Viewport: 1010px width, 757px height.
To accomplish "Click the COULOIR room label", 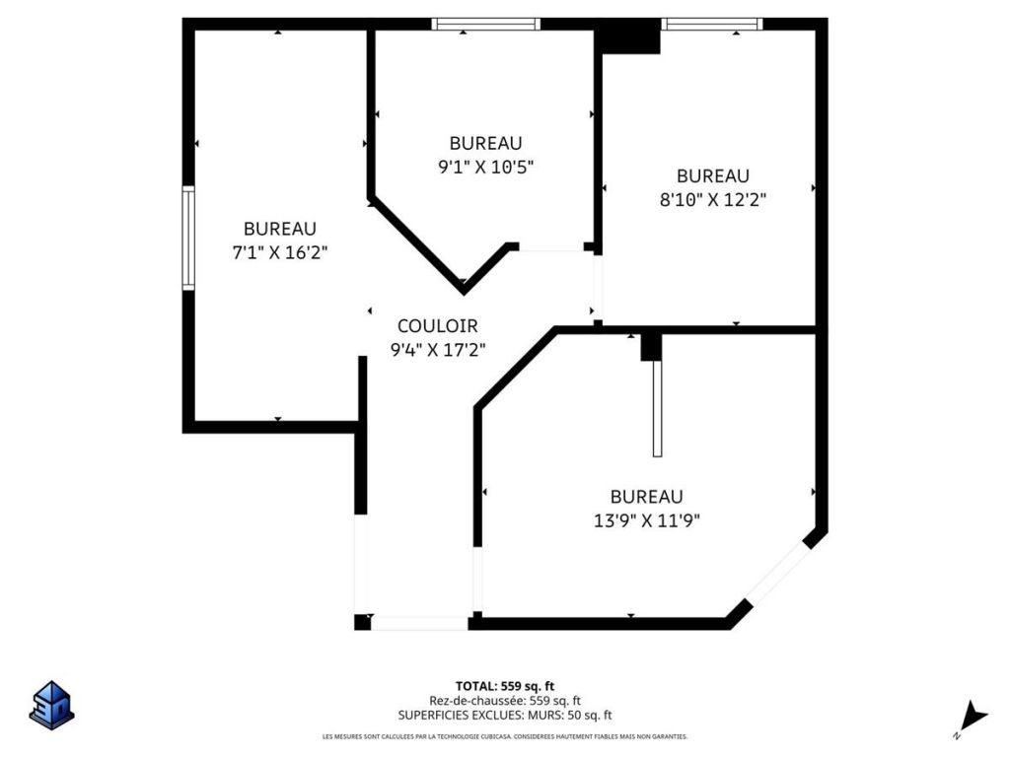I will click(x=437, y=325).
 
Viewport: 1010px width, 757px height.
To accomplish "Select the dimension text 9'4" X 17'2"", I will click(x=437, y=348).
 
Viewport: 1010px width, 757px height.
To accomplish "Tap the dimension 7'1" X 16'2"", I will click(x=279, y=252).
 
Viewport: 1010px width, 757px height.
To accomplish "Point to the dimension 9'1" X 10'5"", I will click(x=485, y=167).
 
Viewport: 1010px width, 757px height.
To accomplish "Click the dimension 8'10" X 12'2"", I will click(x=713, y=199).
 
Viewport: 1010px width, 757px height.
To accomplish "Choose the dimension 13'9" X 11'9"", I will click(x=646, y=520).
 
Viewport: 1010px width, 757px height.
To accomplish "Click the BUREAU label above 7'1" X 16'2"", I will click(x=279, y=229).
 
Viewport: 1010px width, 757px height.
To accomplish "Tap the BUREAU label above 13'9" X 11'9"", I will click(x=646, y=497).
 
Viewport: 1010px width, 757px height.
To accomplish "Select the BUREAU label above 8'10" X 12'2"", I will click(x=713, y=175).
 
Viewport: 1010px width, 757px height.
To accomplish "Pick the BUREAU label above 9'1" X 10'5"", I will click(x=485, y=143).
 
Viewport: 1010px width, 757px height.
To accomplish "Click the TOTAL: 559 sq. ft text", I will click(x=504, y=686).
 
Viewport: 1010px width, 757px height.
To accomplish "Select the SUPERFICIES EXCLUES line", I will click(x=504, y=716).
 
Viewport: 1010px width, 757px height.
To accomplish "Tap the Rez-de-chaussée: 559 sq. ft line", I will click(x=504, y=701).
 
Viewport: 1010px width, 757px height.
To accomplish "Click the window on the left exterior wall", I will click(x=187, y=238).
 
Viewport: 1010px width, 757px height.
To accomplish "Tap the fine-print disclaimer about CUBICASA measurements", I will click(x=504, y=736).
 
